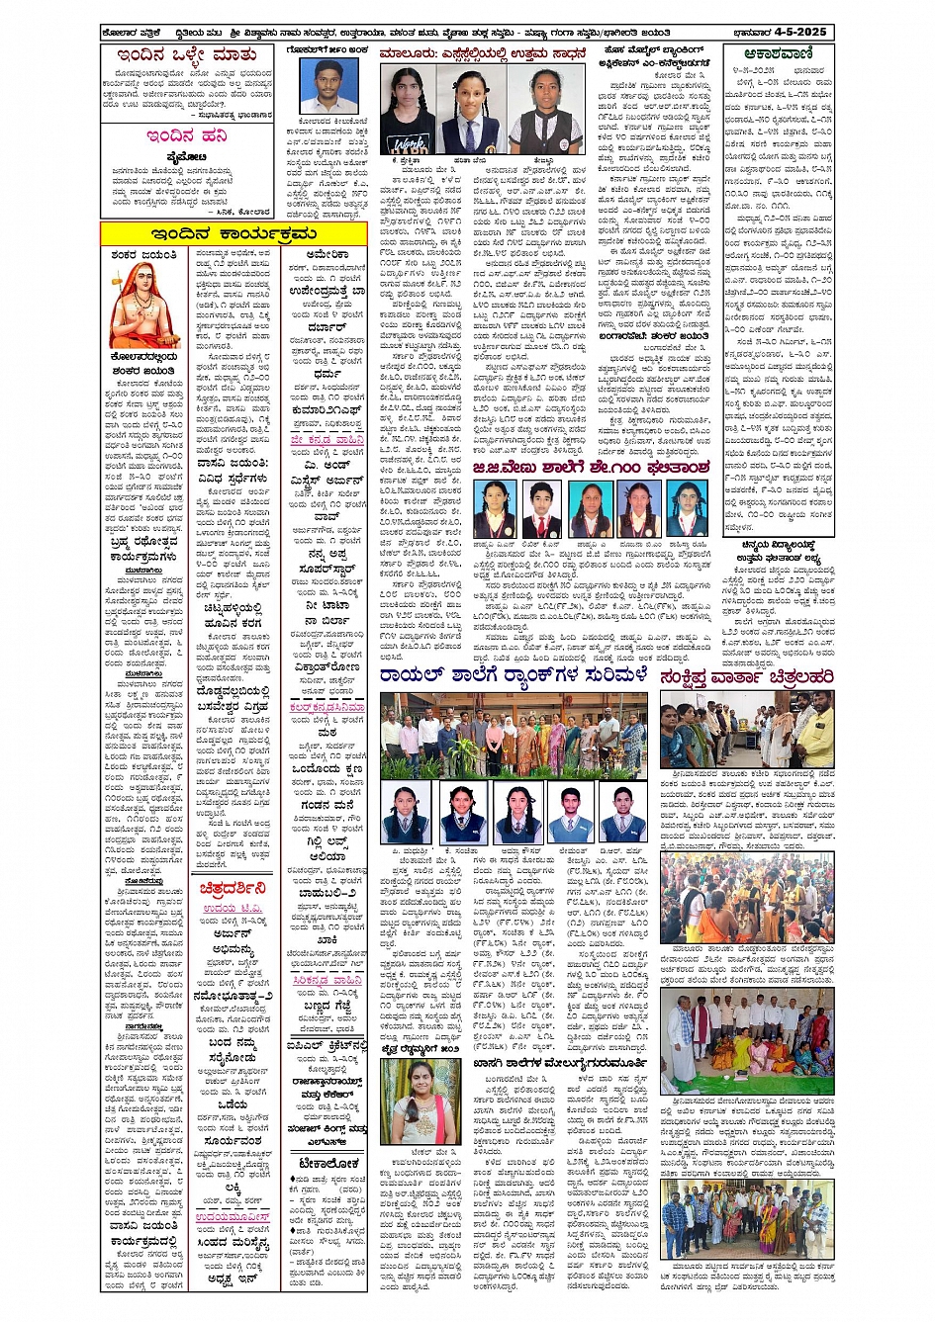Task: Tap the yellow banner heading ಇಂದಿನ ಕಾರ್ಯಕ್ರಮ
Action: tap(234, 233)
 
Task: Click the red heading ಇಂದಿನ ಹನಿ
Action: tap(186, 135)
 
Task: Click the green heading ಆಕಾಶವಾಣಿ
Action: tap(780, 53)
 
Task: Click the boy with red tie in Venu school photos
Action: tap(542, 509)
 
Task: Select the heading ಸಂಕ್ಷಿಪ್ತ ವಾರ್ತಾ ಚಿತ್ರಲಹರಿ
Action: tap(746, 676)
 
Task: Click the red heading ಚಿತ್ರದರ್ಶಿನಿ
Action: tap(234, 888)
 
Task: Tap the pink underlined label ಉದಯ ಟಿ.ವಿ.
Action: tap(234, 909)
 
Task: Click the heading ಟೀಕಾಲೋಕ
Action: tap(328, 1164)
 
